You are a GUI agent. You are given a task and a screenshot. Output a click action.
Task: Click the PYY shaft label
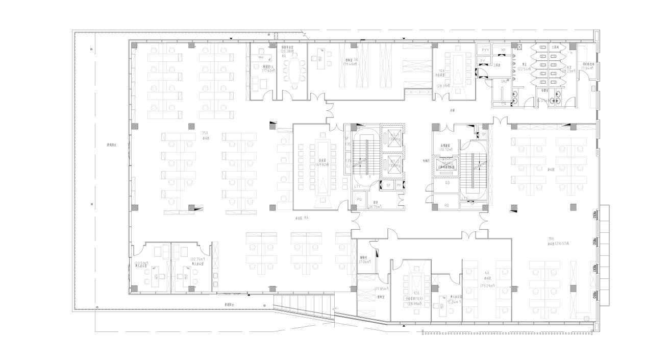point(484,50)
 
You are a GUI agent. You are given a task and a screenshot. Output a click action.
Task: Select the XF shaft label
point(503,50)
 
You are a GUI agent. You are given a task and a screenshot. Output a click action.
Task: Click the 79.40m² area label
point(350,64)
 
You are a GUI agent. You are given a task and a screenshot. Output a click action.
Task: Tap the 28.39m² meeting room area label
point(443,86)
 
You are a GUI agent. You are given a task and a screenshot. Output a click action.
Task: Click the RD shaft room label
point(446,205)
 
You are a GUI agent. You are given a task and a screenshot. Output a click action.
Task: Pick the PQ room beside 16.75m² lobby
point(359,199)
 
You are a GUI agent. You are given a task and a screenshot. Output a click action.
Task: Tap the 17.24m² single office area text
point(453,301)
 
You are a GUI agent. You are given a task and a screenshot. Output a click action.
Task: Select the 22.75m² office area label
point(197,259)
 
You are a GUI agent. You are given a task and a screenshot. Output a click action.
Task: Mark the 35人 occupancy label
point(205,133)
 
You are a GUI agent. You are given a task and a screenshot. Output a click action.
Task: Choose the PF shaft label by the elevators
point(399,185)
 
